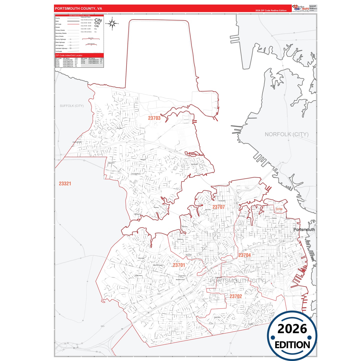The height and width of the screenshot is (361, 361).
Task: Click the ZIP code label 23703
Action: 154,118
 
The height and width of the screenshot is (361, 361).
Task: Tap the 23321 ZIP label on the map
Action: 65,184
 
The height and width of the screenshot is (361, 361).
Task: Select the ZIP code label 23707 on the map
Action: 219,207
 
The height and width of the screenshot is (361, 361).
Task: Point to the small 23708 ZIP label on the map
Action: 279,209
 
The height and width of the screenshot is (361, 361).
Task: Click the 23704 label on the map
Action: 244,255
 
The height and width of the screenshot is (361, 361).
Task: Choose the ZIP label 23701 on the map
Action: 179,265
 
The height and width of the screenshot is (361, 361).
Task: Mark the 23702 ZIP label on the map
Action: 236,296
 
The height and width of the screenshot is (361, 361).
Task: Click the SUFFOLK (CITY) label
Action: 72,106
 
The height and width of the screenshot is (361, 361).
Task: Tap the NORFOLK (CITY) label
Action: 287,134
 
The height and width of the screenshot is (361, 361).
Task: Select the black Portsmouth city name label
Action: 304,230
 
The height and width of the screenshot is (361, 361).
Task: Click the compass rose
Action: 112,24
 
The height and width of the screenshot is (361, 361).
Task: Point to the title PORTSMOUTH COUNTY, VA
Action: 78,8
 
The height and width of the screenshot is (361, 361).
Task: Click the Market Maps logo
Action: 301,8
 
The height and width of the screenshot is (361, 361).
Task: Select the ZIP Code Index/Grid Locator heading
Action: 69,55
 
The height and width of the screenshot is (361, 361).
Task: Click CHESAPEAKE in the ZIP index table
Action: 68,60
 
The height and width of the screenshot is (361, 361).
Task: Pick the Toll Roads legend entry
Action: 59,51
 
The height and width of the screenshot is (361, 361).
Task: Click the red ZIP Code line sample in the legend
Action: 73,24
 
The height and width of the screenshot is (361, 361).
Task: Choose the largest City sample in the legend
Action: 98,20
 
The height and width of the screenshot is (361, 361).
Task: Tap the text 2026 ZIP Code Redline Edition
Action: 271,10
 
